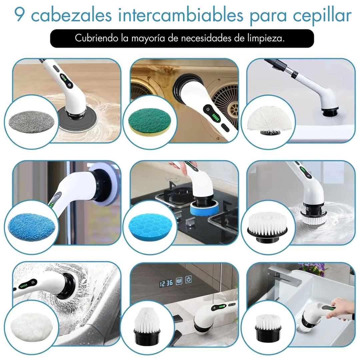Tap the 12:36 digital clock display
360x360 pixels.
pyautogui.click(x=166, y=283)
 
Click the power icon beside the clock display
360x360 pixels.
pyautogui.click(x=188, y=280)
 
